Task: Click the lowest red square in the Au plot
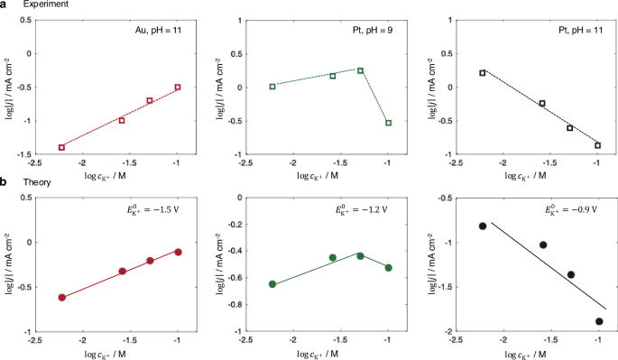click(x=62, y=147)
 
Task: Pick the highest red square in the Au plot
click(x=178, y=88)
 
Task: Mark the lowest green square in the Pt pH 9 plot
click(x=388, y=123)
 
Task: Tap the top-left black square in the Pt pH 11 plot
click(x=483, y=73)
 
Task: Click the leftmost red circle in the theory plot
click(x=62, y=298)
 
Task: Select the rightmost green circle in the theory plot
click(x=388, y=268)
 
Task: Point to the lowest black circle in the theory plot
click(x=599, y=321)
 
